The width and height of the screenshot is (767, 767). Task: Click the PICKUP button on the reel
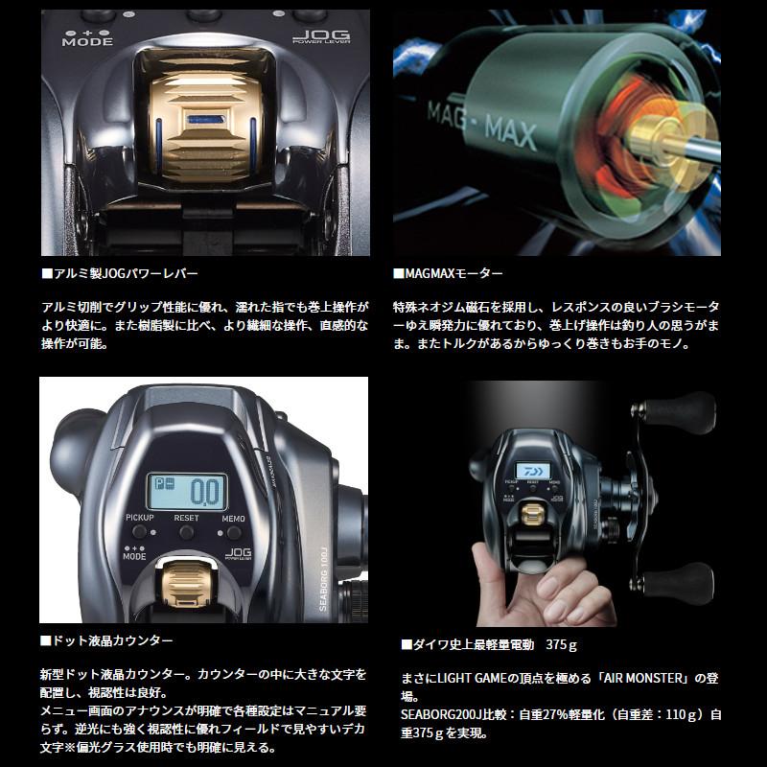coord(140,529)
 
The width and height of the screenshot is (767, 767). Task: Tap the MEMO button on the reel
coord(232,529)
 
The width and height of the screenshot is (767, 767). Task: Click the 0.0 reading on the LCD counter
coord(203,492)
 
